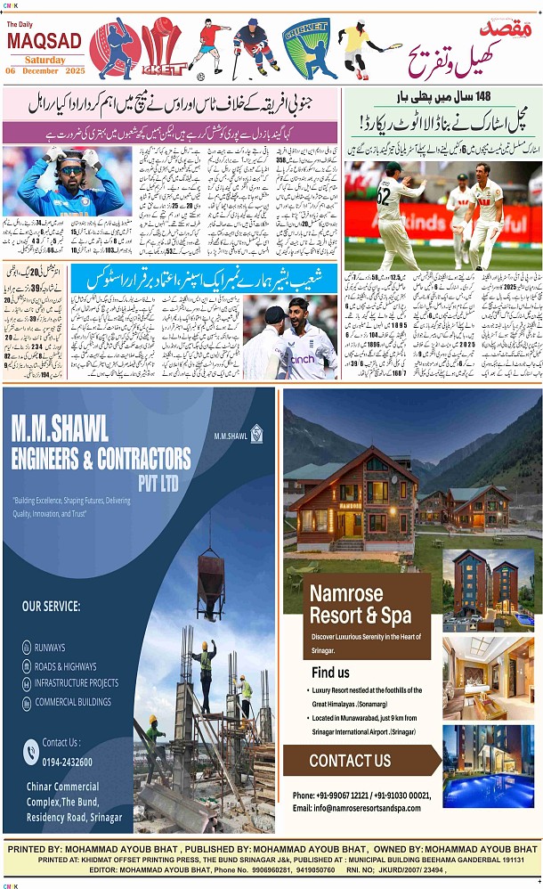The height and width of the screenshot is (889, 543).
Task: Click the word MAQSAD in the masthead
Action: click(44, 42)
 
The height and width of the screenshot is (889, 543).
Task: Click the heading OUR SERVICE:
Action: click(51, 607)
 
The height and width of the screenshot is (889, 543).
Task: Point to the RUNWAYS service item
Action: click(50, 648)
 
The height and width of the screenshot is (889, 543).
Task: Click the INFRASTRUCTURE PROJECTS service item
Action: click(77, 683)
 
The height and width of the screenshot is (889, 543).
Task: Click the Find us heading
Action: click(331, 673)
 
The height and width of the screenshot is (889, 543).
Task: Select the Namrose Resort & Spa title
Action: click(361, 605)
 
